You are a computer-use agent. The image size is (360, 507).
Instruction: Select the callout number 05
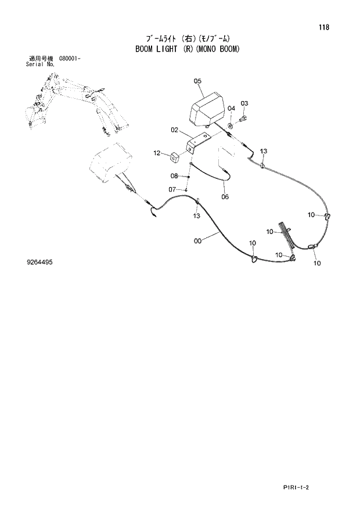[x=197, y=81]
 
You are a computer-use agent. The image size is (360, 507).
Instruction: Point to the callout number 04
[x=231, y=108]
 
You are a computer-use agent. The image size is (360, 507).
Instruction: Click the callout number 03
[x=244, y=103]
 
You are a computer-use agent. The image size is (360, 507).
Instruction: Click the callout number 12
[x=157, y=153]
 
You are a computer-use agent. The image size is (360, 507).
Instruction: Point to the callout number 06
[x=225, y=196]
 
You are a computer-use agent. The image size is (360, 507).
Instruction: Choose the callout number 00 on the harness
[x=198, y=240]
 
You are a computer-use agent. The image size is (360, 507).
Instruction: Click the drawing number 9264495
[x=40, y=262]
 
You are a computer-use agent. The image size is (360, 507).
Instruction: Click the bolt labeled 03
[x=243, y=118]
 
